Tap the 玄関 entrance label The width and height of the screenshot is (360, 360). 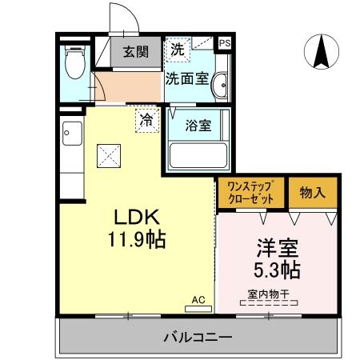[x=135, y=53]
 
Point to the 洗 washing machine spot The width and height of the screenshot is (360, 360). [x=177, y=49]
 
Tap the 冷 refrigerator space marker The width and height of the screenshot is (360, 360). [x=146, y=121]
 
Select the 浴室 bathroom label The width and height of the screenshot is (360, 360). [x=198, y=126]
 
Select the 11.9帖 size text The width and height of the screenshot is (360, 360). [x=138, y=238]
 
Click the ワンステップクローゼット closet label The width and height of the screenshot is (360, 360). [x=251, y=193]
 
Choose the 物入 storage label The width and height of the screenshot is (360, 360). [x=313, y=193]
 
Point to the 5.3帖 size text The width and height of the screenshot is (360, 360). [x=274, y=270]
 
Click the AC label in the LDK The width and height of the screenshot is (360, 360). [x=198, y=299]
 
